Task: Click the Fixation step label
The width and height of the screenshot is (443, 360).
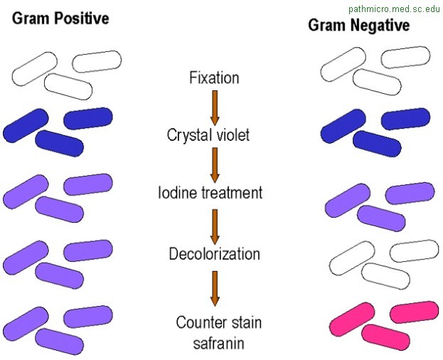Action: (x=213, y=77)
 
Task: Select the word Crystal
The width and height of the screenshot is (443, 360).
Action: (x=188, y=134)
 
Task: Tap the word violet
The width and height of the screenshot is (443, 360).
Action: (x=233, y=134)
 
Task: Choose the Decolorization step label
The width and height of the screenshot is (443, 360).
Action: (x=213, y=253)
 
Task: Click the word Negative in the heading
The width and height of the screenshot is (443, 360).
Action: (x=381, y=26)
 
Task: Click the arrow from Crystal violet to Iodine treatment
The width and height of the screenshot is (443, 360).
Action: (x=213, y=163)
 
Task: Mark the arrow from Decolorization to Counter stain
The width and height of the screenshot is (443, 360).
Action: (x=213, y=288)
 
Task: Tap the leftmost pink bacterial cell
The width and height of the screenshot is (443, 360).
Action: (x=353, y=318)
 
